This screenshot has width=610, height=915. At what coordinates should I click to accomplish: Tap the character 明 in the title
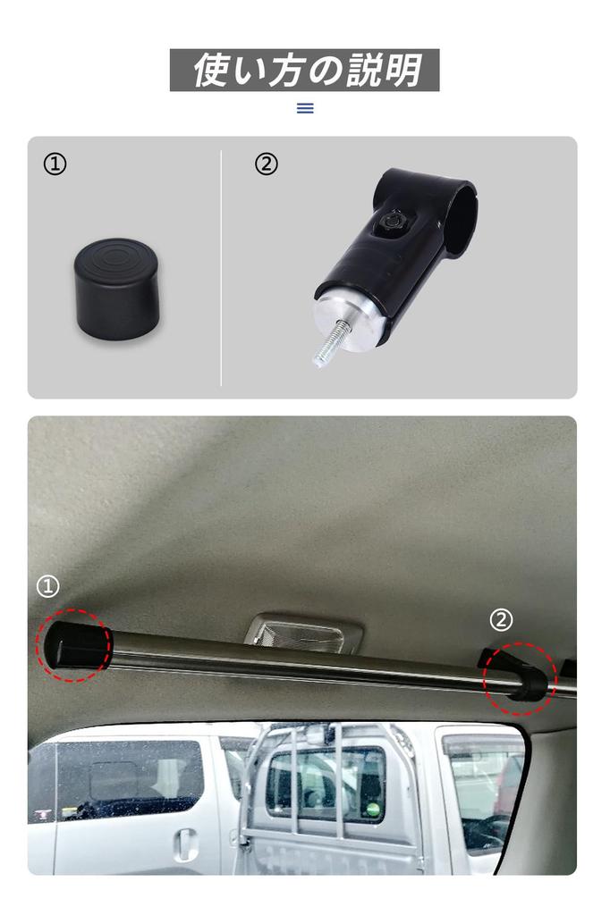(x=404, y=71)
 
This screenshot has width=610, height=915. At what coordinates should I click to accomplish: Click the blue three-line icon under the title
(x=305, y=108)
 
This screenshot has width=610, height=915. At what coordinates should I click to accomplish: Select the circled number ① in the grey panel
(x=55, y=164)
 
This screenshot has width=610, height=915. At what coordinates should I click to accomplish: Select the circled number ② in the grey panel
(x=267, y=164)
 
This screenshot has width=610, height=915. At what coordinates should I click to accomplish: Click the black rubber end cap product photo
(x=116, y=288)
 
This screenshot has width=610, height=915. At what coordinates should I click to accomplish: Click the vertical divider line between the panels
(x=221, y=268)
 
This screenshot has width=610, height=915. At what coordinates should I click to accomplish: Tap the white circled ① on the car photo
(x=47, y=586)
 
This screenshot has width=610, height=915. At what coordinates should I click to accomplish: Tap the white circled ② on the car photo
(x=501, y=619)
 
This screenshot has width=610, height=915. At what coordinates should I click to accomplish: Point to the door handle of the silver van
(x=186, y=842)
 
